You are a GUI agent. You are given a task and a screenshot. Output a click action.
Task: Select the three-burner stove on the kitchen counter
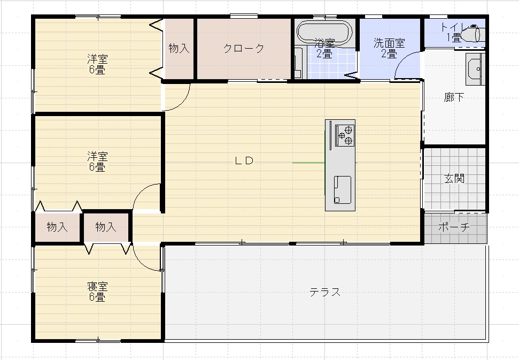345,135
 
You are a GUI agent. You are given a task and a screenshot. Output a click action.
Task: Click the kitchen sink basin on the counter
342,189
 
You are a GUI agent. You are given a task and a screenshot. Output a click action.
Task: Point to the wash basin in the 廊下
475,69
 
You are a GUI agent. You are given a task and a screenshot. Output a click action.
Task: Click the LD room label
244,160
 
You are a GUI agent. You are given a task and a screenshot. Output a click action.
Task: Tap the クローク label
244,48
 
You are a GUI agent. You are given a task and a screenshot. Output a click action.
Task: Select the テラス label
324,292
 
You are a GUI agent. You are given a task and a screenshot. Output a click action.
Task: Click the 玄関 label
454,179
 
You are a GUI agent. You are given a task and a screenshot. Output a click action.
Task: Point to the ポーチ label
454,227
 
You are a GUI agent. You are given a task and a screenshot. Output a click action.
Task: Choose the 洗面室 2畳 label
389,48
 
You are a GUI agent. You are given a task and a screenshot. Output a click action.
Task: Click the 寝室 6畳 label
97,292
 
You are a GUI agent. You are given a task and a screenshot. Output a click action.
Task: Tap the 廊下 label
454,97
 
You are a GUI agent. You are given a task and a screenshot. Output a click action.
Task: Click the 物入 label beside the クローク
179,48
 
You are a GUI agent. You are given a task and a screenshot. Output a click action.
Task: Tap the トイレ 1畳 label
454,33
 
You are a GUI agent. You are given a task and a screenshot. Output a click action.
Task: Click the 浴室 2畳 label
324,48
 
